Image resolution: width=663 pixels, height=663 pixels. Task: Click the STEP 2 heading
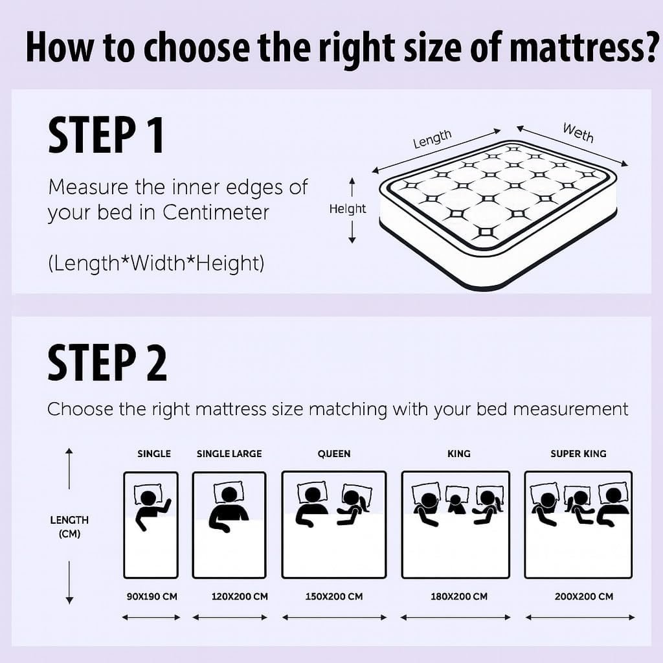pos(107,363)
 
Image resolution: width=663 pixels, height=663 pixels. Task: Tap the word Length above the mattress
pos(432,139)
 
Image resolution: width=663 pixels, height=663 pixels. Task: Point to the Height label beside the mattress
pos(348,208)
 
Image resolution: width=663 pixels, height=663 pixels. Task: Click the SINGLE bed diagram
pos(151,524)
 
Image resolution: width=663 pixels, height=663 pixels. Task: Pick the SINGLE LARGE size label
pos(229,454)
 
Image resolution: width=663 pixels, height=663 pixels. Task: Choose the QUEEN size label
pos(334,454)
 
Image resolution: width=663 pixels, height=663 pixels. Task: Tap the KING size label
pos(458,454)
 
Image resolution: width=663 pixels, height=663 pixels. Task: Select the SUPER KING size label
pos(578,454)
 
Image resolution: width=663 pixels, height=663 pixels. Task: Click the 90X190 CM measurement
pos(152,596)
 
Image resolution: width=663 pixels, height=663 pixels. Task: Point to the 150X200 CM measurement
pos(334,596)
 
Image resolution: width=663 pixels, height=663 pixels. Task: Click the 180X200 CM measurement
pos(459,596)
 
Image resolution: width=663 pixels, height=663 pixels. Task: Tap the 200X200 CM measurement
pos(583,596)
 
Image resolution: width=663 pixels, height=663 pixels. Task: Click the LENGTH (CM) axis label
pos(69,527)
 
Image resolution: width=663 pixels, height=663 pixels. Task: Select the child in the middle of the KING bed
pos(456,502)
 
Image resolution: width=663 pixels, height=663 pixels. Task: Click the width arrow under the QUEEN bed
pos(334,618)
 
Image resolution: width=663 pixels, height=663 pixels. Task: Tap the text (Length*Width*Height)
pos(155,264)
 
